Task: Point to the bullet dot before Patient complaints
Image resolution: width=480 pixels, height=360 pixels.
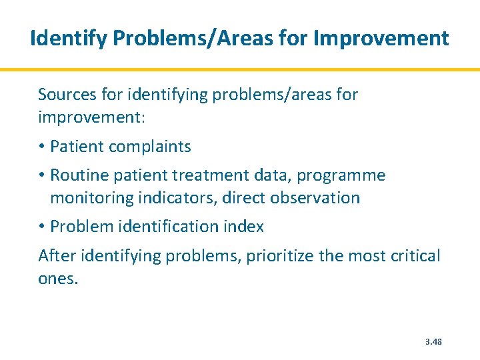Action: (42, 147)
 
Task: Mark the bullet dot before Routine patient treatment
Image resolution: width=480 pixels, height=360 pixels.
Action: (42, 175)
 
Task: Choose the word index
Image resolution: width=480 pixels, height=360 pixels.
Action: (246, 227)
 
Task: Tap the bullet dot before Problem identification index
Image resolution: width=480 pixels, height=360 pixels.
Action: (42, 227)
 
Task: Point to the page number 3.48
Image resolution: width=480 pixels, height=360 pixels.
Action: (433, 342)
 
